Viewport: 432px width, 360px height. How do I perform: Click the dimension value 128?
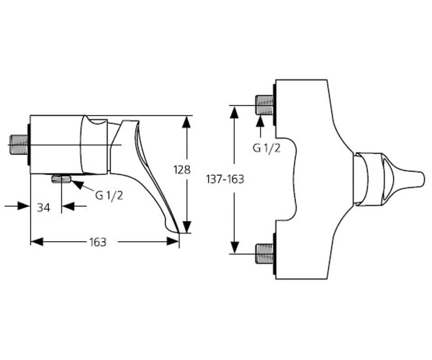[x=182, y=170]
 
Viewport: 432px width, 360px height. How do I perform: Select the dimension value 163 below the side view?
[x=98, y=243]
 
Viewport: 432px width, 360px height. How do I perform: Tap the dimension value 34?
[x=43, y=207]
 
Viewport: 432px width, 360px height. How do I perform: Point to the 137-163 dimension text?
[x=225, y=179]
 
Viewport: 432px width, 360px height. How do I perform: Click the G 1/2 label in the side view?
[x=109, y=196]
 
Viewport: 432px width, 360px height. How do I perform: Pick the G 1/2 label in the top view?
[x=266, y=148]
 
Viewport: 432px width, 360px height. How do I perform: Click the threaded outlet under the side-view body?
[x=61, y=179]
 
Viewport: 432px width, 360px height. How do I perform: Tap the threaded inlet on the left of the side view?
[x=19, y=145]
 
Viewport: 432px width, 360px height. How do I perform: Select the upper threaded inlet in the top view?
[x=264, y=105]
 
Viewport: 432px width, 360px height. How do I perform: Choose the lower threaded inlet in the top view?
[x=264, y=253]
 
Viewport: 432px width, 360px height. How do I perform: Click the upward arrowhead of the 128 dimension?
[x=187, y=122]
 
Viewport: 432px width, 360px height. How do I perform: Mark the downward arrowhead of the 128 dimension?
[x=187, y=227]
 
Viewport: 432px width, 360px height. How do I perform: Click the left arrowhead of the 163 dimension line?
[x=37, y=242]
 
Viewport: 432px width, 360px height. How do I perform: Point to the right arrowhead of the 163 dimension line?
[x=173, y=242]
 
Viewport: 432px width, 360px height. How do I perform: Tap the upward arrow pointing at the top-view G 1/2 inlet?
[x=260, y=127]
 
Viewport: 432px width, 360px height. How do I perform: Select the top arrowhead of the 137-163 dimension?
[x=235, y=112]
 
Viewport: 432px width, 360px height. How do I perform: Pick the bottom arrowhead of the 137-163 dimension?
[x=235, y=247]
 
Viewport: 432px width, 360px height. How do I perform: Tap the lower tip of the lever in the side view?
[x=179, y=232]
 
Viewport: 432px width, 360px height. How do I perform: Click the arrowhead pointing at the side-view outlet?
[x=78, y=184]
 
